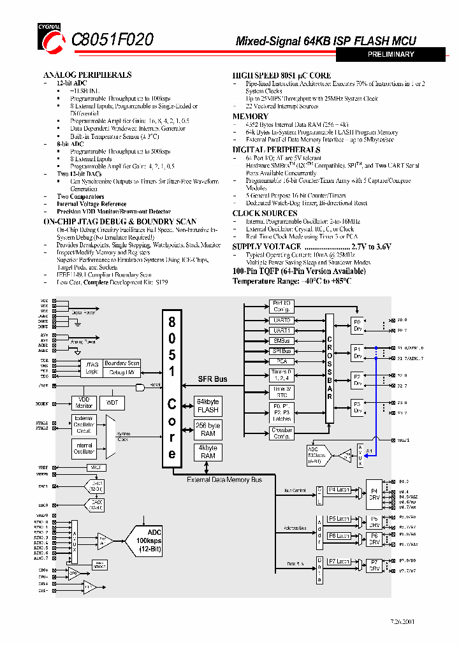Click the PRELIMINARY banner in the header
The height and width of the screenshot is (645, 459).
click(x=391, y=55)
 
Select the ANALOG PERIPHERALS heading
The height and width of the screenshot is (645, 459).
click(x=87, y=75)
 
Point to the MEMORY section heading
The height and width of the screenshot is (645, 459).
click(x=250, y=116)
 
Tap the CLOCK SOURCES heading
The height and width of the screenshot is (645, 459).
click(x=265, y=213)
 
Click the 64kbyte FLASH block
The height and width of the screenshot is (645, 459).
click(x=208, y=406)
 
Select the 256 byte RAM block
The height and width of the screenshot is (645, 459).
click(x=208, y=430)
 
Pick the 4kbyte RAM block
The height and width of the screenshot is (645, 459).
click(x=208, y=452)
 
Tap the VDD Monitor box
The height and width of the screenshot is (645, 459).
click(x=84, y=403)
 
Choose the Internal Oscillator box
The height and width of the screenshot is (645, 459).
click(x=84, y=449)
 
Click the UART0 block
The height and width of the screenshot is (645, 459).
click(x=282, y=321)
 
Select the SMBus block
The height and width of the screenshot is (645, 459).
click(x=282, y=341)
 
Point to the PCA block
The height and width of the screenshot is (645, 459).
click(x=282, y=361)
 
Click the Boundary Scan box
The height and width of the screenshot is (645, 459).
click(x=122, y=363)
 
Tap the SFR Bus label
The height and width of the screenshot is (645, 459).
click(x=212, y=379)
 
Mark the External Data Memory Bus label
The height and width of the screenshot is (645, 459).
click(x=225, y=480)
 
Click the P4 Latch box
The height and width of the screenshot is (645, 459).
click(x=339, y=489)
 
